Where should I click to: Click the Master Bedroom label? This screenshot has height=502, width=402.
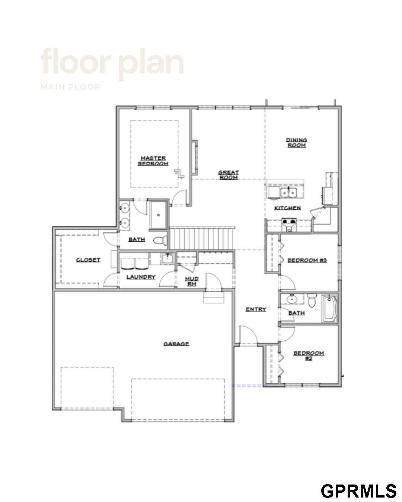pyautogui.click(x=153, y=161)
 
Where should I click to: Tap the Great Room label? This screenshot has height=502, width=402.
pyautogui.click(x=229, y=175)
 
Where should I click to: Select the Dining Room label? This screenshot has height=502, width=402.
pyautogui.click(x=296, y=142)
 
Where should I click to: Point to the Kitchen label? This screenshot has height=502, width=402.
pyautogui.click(x=287, y=208)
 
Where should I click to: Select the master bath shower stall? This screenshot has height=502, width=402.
pyautogui.click(x=158, y=215)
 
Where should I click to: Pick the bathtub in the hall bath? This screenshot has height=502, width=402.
pyautogui.click(x=329, y=309)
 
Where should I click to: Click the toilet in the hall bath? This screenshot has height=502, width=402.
pyautogui.click(x=312, y=301)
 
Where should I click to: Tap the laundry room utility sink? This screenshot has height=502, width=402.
pyautogui.click(x=167, y=258)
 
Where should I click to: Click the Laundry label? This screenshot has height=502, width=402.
pyautogui.click(x=141, y=277)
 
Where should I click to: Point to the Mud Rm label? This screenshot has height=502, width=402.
pyautogui.click(x=192, y=281)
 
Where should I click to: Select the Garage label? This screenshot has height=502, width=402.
pyautogui.click(x=176, y=344)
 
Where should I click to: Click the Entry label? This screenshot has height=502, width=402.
pyautogui.click(x=256, y=309)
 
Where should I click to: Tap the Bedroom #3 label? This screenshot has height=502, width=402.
pyautogui.click(x=307, y=260)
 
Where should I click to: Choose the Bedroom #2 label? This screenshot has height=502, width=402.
pyautogui.click(x=309, y=356)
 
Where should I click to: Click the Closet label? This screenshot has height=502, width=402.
pyautogui.click(x=88, y=260)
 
